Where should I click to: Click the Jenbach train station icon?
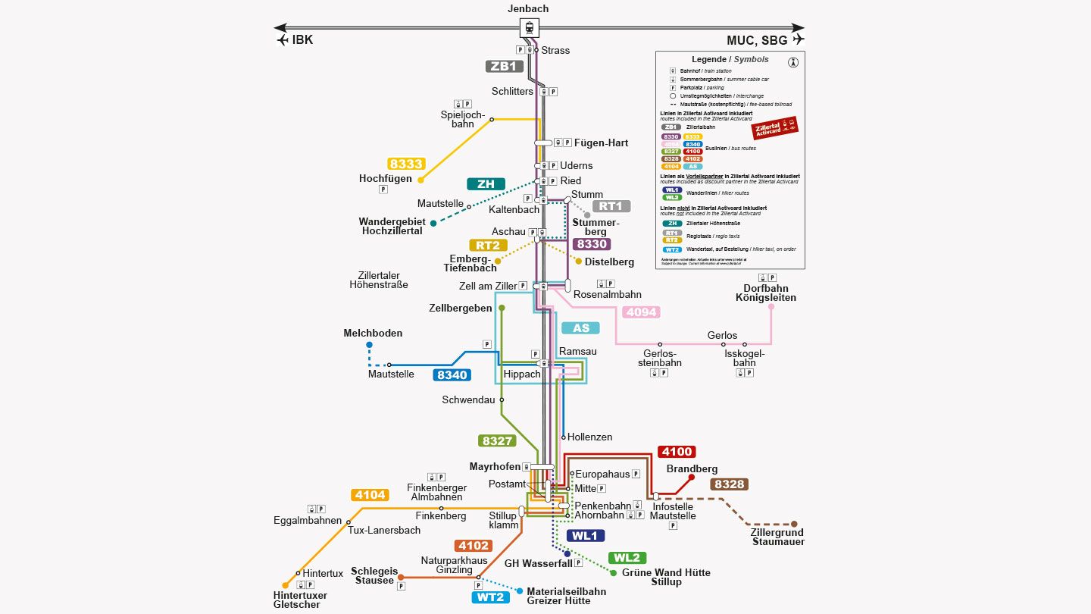(529, 28)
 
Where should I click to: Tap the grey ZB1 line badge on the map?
(504, 66)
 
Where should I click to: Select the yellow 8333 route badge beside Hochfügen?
(406, 164)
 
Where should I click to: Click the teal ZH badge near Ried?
(486, 184)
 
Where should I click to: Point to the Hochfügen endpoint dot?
(420, 180)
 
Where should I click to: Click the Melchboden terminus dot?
(370, 345)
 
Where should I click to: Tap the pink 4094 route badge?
(640, 312)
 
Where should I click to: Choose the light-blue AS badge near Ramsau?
(580, 328)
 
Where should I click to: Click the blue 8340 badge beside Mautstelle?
(452, 374)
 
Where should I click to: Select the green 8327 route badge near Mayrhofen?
(497, 440)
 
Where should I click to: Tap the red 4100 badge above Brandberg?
(677, 452)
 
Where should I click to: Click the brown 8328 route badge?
(729, 484)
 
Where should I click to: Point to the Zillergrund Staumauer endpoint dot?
(794, 524)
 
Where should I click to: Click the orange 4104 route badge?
(370, 495)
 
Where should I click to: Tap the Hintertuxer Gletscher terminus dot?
(286, 585)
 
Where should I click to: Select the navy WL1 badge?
(585, 536)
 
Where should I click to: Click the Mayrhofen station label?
(495, 467)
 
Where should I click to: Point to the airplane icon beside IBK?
(283, 40)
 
